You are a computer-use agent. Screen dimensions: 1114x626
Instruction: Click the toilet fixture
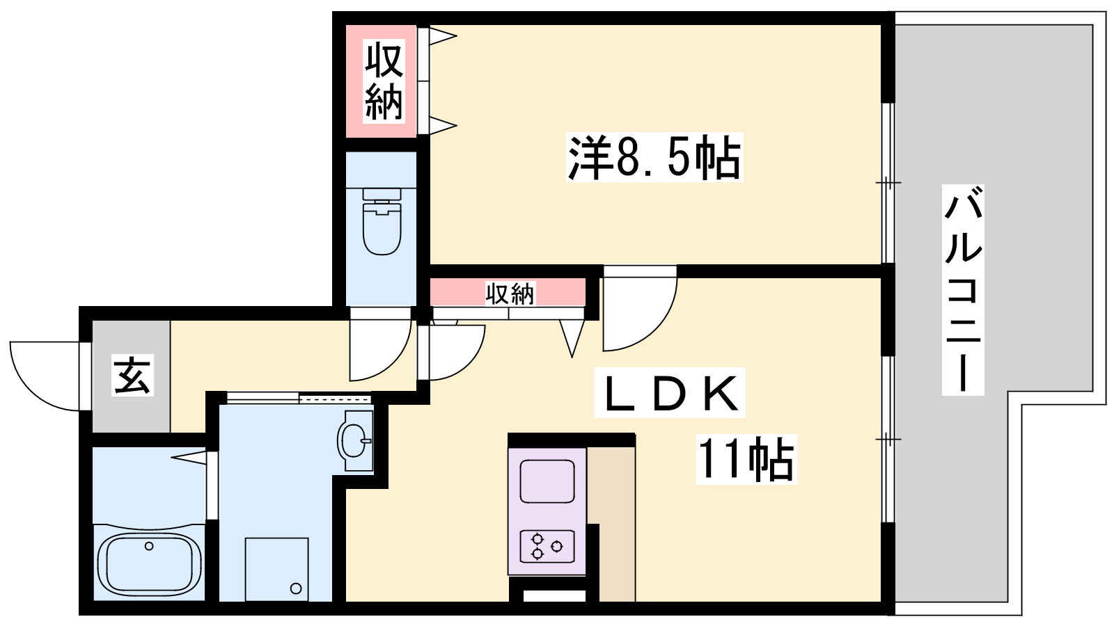(382, 221)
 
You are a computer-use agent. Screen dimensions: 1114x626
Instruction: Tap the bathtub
(149, 565)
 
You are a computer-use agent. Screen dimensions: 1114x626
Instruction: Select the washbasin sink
(355, 440)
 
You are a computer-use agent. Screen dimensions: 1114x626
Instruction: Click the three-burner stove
(547, 547)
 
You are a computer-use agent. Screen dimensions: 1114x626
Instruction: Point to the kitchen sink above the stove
(547, 481)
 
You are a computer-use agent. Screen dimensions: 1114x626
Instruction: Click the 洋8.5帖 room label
(654, 157)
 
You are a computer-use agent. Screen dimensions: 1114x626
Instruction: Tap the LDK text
(669, 392)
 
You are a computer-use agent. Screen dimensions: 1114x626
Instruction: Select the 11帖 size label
(746, 459)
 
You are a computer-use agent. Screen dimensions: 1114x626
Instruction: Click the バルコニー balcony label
(963, 290)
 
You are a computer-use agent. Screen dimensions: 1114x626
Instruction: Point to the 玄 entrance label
(132, 375)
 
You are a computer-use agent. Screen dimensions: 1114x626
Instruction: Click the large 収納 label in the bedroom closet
(384, 81)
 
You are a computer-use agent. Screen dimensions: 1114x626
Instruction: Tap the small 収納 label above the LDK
(510, 294)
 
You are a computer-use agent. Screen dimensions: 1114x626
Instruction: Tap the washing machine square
(276, 570)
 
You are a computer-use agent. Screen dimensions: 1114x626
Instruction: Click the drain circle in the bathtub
(149, 546)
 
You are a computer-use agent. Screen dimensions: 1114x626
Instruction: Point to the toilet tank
(382, 194)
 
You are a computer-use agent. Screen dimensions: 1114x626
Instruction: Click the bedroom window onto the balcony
(888, 183)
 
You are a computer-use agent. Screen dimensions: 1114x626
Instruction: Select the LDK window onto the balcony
(888, 439)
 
